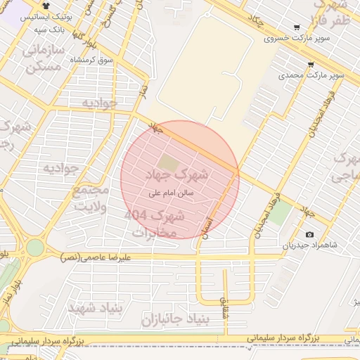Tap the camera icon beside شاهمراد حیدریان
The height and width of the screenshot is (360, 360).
tap(309, 234)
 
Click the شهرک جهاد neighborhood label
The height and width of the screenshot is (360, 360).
tap(177, 173)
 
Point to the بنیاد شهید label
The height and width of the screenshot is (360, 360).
tap(96, 307)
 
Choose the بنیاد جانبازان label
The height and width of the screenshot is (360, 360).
tap(166, 321)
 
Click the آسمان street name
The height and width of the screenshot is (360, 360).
tap(204, 226)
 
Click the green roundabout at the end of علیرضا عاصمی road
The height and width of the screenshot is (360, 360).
tap(34, 247)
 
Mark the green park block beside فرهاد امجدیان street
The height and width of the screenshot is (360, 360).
tap(279, 214)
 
